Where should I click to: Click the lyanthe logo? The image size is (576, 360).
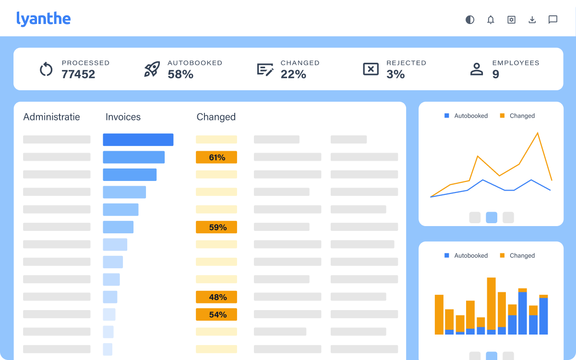[43, 19]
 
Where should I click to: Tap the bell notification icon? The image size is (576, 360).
[491, 20]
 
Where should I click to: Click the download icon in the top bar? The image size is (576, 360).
[532, 20]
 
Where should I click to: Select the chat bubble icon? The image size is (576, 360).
[553, 20]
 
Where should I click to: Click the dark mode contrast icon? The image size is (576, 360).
[470, 20]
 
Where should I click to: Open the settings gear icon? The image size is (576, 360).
[511, 20]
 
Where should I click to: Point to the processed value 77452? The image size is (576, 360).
[78, 74]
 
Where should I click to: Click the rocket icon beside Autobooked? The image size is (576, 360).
[152, 69]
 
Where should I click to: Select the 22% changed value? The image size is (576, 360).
[293, 74]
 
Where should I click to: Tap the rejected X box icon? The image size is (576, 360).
[371, 69]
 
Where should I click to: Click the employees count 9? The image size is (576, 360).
[495, 74]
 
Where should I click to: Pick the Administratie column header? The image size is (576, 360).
[51, 117]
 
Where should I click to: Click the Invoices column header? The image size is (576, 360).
[123, 117]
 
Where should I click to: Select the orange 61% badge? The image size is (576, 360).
[216, 157]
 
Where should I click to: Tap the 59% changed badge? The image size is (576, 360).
[216, 228]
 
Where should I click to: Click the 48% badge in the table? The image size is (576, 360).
[216, 297]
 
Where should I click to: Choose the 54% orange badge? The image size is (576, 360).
[216, 314]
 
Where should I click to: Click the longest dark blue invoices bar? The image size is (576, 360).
[138, 140]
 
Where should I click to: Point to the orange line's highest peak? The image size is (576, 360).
[537, 133]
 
